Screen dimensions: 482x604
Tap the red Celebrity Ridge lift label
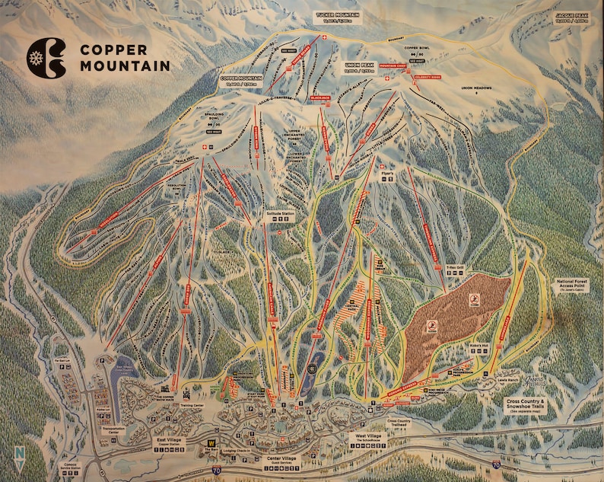(428, 77)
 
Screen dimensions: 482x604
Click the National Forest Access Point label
(573, 286)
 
